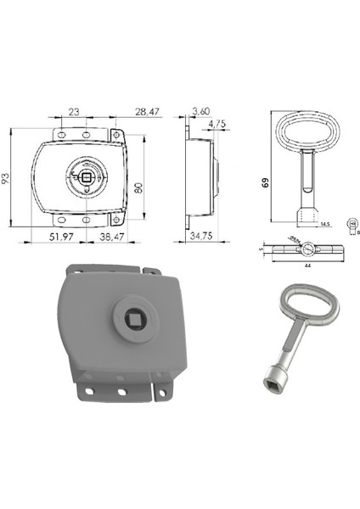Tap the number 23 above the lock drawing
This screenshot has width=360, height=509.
(73, 111)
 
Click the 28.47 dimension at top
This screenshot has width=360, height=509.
(145, 111)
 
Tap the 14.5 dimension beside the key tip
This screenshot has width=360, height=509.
(323, 224)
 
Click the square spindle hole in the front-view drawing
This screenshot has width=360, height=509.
(88, 177)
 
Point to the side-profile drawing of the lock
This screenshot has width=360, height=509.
(199, 178)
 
